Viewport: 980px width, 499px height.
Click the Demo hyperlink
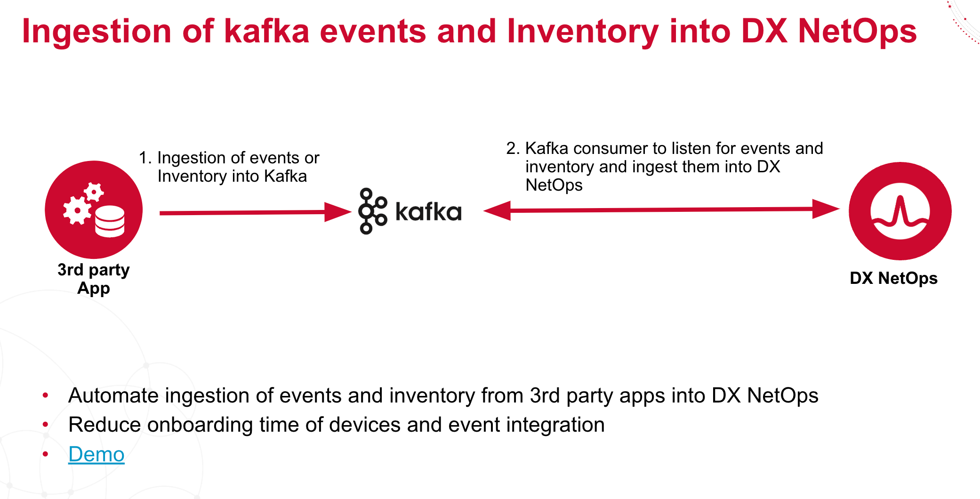(x=96, y=454)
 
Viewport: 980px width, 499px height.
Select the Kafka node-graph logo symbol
(x=372, y=211)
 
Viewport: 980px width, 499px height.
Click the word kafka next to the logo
(x=428, y=212)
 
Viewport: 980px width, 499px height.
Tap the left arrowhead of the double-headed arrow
(x=498, y=210)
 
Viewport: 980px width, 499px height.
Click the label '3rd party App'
(x=93, y=279)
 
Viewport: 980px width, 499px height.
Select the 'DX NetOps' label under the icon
(x=893, y=278)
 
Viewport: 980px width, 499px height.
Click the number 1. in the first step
(x=145, y=158)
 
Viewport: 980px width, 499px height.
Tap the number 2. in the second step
(x=513, y=148)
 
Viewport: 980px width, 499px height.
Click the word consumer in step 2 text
(x=610, y=148)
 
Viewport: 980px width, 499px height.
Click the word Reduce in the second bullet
(x=104, y=425)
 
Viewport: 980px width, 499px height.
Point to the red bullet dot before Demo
(x=46, y=454)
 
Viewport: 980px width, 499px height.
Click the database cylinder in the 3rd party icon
(x=110, y=221)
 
